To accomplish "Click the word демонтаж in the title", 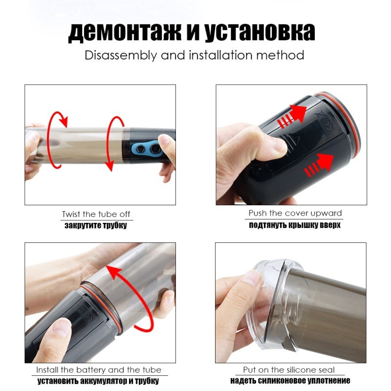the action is pyautogui.click(x=125, y=32).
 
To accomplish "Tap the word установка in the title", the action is pyautogui.click(x=260, y=32).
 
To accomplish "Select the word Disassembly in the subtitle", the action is pyautogui.click(x=121, y=55).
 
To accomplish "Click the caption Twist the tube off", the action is pyautogui.click(x=96, y=214).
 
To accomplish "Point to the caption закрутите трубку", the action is pyautogui.click(x=96, y=225).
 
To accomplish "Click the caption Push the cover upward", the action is pyautogui.click(x=295, y=213).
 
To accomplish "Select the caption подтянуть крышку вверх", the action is pyautogui.click(x=295, y=225).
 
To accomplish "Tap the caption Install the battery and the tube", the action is pyautogui.click(x=99, y=370).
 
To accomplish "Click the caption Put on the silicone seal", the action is pyautogui.click(x=289, y=370).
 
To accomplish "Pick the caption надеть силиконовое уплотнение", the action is pyautogui.click(x=290, y=381).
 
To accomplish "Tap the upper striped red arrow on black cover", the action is pyautogui.click(x=292, y=116).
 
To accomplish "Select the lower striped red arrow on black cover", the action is pyautogui.click(x=319, y=165).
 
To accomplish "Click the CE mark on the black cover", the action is pyautogui.click(x=328, y=125).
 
